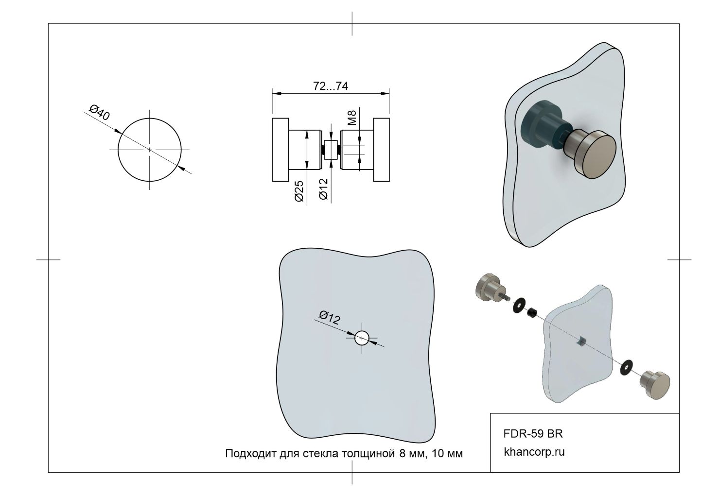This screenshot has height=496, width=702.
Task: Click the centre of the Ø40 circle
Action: (149, 150)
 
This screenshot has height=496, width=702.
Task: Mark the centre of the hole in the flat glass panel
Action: (362, 338)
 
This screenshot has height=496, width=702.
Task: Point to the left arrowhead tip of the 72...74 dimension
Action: (273, 93)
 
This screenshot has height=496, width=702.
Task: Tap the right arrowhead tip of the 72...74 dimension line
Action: (389, 93)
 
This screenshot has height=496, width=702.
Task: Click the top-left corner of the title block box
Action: (490, 413)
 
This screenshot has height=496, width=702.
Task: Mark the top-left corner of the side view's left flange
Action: (273, 119)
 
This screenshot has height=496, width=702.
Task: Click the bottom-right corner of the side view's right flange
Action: (389, 181)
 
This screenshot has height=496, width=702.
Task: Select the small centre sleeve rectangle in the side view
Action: (331, 150)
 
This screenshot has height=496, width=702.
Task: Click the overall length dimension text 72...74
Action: (330, 86)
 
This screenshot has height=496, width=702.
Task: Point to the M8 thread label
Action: (352, 118)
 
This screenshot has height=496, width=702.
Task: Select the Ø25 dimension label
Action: (299, 191)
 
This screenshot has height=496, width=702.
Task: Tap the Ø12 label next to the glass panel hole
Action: (330, 317)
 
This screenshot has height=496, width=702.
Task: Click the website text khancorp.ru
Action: (534, 452)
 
